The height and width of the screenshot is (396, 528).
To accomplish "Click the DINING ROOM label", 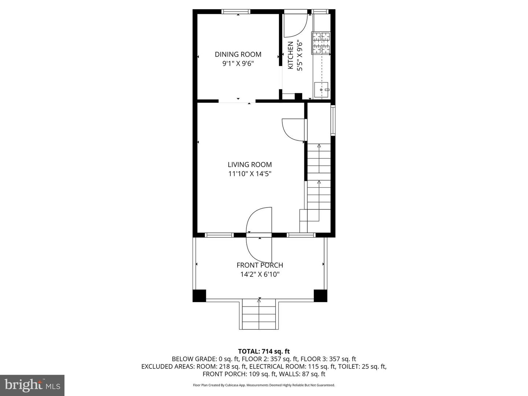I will (x=238, y=54).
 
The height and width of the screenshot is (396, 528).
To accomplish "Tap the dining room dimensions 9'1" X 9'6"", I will (x=238, y=63).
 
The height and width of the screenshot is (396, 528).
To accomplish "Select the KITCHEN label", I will (x=290, y=55).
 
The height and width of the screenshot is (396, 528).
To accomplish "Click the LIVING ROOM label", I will (x=250, y=165).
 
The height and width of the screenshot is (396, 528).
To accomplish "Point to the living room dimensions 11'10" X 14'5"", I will (x=250, y=174).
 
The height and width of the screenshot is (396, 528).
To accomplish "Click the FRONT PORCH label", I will (x=260, y=265).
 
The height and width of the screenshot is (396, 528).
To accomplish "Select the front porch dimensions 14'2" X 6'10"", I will (x=260, y=274).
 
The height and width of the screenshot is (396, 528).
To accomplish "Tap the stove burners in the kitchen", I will (x=321, y=43).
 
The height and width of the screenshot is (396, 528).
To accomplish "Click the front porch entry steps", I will (x=259, y=315).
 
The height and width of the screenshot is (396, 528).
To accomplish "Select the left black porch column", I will (x=199, y=296).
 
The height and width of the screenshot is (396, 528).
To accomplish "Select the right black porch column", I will (x=320, y=296).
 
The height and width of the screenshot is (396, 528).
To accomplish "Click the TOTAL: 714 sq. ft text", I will (x=264, y=351).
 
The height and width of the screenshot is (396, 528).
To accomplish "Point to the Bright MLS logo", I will (x=32, y=385).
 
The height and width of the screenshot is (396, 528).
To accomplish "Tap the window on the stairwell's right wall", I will (x=333, y=121).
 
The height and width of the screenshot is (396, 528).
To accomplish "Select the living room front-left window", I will (x=219, y=235).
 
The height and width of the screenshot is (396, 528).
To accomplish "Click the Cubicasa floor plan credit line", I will (x=264, y=385).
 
